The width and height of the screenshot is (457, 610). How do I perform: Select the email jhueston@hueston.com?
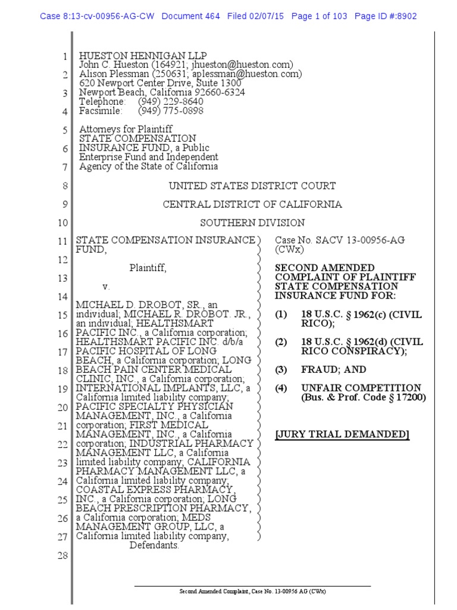click(x=246, y=64)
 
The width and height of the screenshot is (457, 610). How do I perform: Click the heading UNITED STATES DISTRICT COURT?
click(x=252, y=186)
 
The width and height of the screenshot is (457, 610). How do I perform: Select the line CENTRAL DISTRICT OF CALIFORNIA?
click(x=252, y=204)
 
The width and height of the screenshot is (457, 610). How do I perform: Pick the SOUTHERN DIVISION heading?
click(x=252, y=223)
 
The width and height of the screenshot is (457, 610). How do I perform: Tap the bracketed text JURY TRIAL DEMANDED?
click(x=342, y=434)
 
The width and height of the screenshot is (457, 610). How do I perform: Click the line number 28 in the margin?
click(x=63, y=556)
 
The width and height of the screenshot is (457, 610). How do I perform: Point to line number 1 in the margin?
click(x=65, y=57)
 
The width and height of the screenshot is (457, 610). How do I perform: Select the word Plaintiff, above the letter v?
click(x=148, y=269)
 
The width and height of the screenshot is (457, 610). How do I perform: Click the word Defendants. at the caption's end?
click(x=154, y=545)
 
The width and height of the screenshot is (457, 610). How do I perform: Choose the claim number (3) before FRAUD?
click(x=281, y=370)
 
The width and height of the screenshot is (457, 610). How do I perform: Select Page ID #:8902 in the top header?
click(x=385, y=16)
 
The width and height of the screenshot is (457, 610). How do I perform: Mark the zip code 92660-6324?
click(x=218, y=92)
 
